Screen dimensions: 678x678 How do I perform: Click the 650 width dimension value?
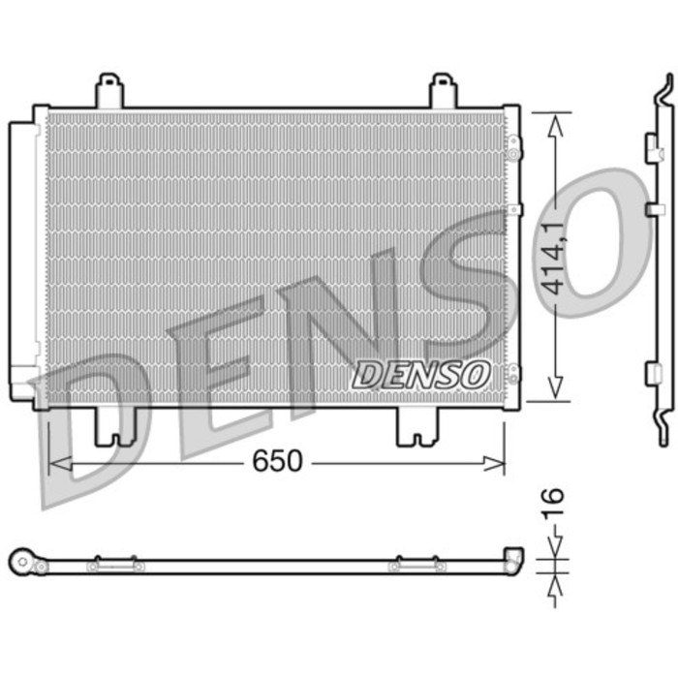pos(278,462)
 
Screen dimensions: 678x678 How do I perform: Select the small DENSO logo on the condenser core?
pos(421,373)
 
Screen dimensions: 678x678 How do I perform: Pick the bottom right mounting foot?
pos(417,427)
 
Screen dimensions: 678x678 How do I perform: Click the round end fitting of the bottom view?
pos(22,560)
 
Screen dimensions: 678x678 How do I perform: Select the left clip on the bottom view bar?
pos(115,564)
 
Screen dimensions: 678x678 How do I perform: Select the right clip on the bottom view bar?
pos(417,564)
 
